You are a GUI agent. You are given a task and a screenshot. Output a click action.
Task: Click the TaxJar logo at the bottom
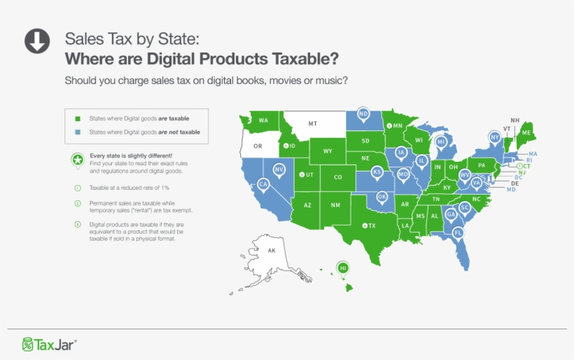coord(49,344)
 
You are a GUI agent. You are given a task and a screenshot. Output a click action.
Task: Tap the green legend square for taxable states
coord(78,118)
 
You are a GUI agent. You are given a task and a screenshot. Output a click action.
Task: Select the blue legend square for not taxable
coord(78,132)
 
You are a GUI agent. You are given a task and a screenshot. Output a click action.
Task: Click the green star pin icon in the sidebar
coord(76,160)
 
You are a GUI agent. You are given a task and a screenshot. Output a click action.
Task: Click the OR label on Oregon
coord(258,146)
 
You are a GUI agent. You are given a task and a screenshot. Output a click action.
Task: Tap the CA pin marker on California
coord(263,184)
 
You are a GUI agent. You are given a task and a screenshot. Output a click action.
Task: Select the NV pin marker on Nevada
coord(279,169)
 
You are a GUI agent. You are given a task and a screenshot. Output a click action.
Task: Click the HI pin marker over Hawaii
coord(343,268)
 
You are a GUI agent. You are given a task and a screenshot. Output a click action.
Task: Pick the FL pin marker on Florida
coord(458,232)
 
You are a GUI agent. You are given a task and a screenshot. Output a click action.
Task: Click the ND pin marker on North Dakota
coord(363,113)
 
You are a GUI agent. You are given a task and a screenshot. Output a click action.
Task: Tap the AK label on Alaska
coord(272,250)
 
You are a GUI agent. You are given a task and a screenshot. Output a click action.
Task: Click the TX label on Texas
coord(372,226)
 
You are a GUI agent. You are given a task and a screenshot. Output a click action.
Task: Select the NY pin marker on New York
coord(494,137)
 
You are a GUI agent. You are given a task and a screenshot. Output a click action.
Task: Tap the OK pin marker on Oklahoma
coord(382,197)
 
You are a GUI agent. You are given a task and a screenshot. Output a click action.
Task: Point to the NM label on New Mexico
coord(335,205)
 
